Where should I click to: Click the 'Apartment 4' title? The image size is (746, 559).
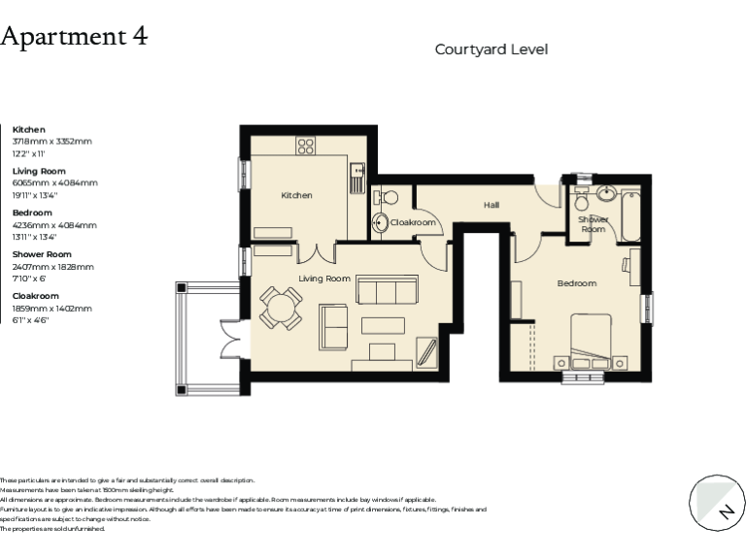click(x=75, y=37)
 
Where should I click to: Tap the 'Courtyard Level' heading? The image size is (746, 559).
click(x=491, y=49)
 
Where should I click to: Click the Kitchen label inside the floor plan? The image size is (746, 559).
click(x=296, y=196)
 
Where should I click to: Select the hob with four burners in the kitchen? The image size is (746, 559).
click(x=306, y=147)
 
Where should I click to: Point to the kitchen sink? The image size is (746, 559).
click(x=356, y=178)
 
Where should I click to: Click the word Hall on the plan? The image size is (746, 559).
click(x=492, y=205)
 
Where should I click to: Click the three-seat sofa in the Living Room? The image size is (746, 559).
click(x=388, y=290)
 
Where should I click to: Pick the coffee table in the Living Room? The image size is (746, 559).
click(x=384, y=326)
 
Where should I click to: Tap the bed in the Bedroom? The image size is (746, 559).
click(x=590, y=339)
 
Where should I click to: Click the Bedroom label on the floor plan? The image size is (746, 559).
click(x=576, y=283)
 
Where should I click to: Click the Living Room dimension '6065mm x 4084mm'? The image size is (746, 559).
click(x=54, y=182)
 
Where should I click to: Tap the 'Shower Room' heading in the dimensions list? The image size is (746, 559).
click(x=42, y=254)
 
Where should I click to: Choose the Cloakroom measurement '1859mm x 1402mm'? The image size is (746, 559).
click(x=51, y=308)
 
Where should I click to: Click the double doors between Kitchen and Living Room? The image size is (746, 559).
click(x=313, y=252)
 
